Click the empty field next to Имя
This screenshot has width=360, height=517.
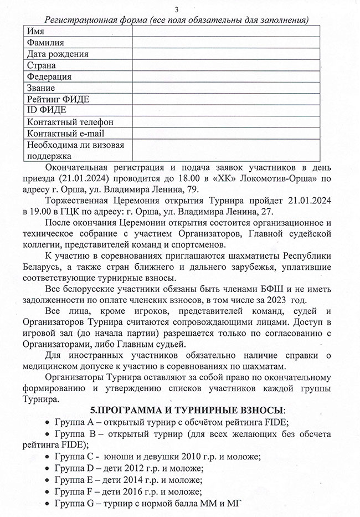[x=225, y=32]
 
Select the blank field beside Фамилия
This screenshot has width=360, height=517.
[x=225, y=43]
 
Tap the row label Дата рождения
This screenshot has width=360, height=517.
[x=58, y=54]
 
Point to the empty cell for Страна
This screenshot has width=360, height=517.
[x=225, y=65]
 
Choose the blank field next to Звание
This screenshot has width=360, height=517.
[x=225, y=88]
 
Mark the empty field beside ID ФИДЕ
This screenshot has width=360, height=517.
[x=225, y=110]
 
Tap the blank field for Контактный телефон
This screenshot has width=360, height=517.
[x=225, y=122]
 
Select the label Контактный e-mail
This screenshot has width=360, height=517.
[x=65, y=134]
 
